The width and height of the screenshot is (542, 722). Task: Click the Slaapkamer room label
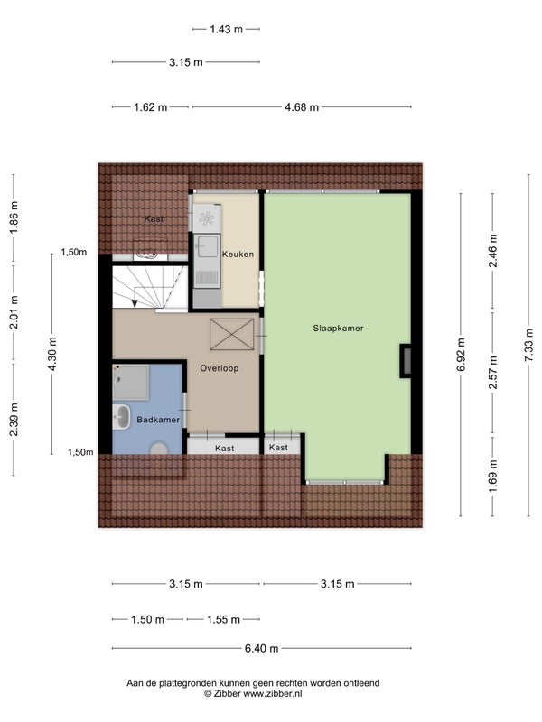click(x=338, y=329)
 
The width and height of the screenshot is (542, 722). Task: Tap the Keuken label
click(x=238, y=255)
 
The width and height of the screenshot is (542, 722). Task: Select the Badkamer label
click(x=158, y=420)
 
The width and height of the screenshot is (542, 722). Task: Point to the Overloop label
click(x=219, y=368)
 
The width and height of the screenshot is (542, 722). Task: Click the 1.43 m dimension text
click(x=226, y=30)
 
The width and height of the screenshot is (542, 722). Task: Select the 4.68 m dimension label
click(x=302, y=107)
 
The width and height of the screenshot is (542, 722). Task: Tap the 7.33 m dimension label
click(x=529, y=345)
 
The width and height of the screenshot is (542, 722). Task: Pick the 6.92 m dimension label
click(x=461, y=354)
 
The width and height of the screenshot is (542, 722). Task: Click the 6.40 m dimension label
click(x=261, y=649)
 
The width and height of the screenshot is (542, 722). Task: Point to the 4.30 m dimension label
click(x=52, y=354)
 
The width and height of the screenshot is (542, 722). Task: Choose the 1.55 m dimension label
click(x=223, y=620)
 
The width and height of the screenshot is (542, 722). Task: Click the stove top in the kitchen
click(x=207, y=218)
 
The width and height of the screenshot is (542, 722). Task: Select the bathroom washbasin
click(x=122, y=417)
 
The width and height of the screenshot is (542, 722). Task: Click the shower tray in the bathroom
click(x=130, y=382)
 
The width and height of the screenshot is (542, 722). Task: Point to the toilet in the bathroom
click(x=159, y=449)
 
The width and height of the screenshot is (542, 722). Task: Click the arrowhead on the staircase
click(x=134, y=303)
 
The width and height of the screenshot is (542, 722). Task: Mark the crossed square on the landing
click(x=232, y=334)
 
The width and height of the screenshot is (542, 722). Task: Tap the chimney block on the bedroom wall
click(x=406, y=361)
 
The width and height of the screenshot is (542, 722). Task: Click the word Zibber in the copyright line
click(x=227, y=694)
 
